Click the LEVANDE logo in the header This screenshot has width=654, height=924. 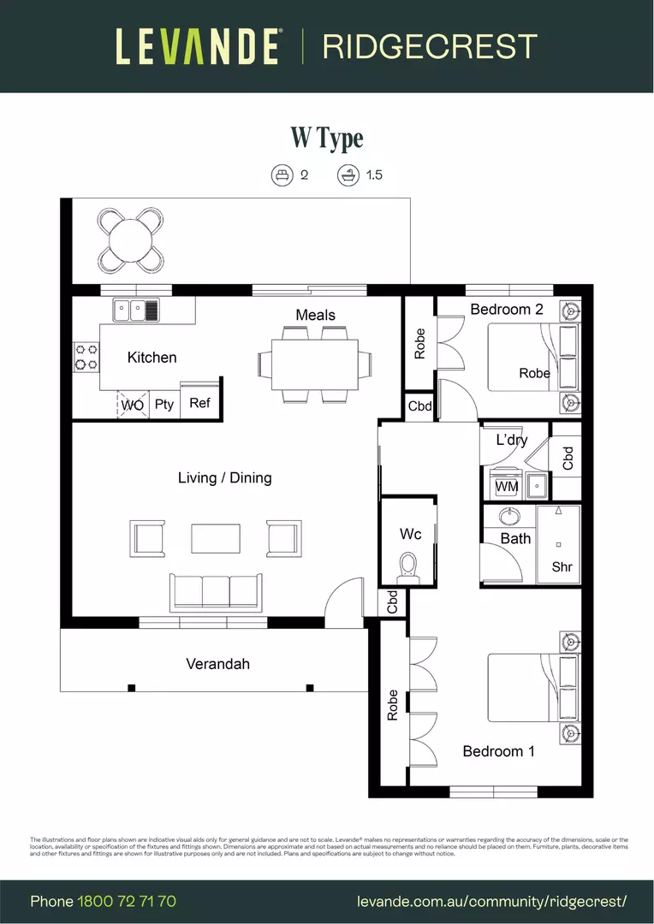click(198, 46)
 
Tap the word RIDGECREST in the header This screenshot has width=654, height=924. click(429, 47)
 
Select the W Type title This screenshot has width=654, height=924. click(326, 138)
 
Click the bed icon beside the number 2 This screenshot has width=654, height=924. click(282, 175)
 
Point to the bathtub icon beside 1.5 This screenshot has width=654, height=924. click(348, 175)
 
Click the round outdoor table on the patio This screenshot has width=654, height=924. click(129, 240)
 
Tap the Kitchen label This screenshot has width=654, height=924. click(152, 358)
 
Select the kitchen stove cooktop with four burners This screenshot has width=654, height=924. click(86, 357)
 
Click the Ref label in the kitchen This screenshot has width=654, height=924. click(199, 403)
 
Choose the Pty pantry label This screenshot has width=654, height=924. click(163, 404)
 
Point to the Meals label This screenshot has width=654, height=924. click(315, 315)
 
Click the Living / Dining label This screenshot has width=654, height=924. click(224, 477)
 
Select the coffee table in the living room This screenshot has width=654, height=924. click(216, 538)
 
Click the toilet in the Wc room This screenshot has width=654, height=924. click(408, 567)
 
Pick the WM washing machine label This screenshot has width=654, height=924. click(507, 487)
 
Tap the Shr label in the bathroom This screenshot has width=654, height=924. click(562, 566)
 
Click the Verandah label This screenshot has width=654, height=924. click(217, 663)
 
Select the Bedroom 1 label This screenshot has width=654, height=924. click(498, 751)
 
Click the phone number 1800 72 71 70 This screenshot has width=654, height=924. click(127, 902)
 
